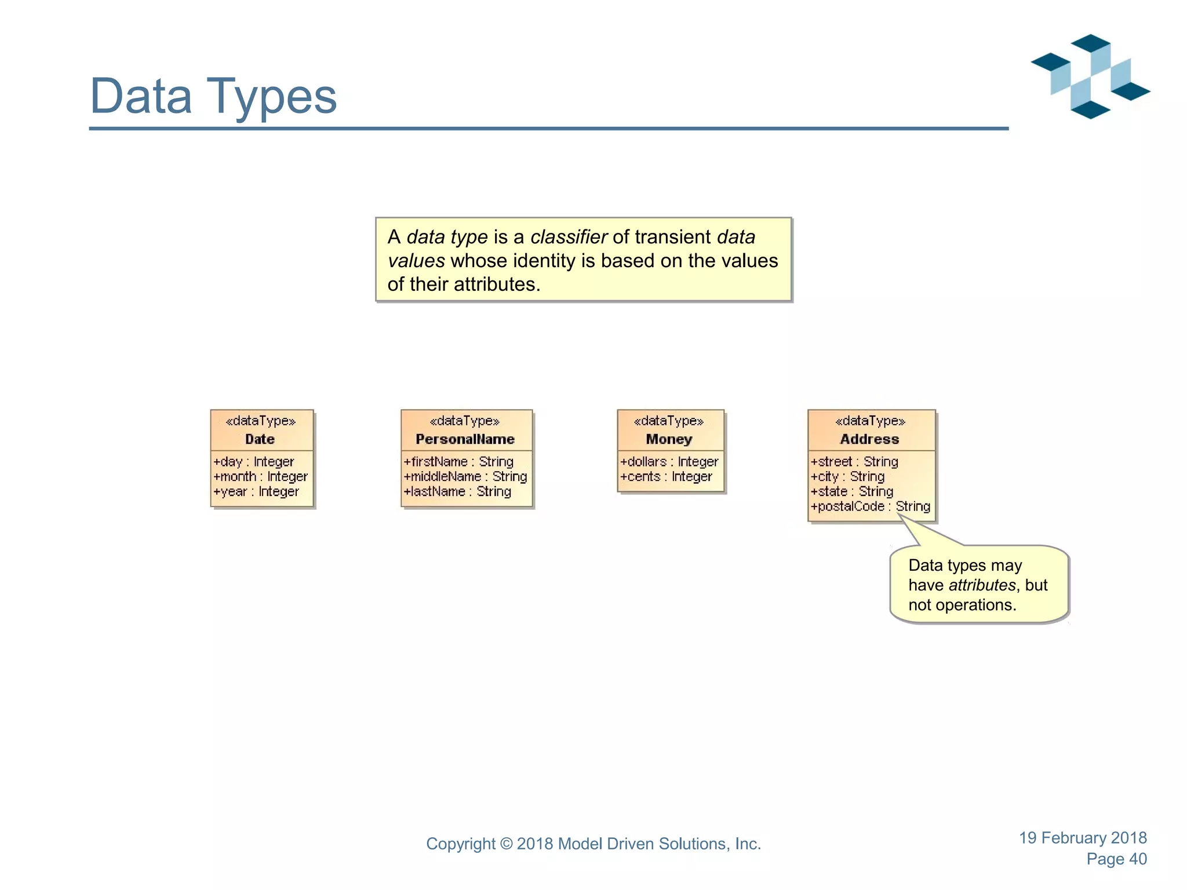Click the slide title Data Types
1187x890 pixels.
tap(213, 96)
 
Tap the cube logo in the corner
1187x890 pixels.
tap(1090, 76)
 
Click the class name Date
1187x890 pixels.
tap(260, 439)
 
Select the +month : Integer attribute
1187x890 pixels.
tap(260, 477)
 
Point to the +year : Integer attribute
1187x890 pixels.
tap(256, 492)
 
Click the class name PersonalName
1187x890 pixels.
tap(465, 439)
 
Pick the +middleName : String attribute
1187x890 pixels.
tap(465, 477)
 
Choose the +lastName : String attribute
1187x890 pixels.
tap(457, 492)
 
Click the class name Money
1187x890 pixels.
tap(669, 439)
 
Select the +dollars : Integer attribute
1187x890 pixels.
tap(669, 462)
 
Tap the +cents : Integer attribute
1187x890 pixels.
tap(666, 477)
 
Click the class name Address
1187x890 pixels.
tap(869, 439)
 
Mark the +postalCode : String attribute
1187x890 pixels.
tap(870, 507)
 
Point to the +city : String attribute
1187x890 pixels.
tap(847, 477)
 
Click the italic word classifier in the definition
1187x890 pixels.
tap(569, 237)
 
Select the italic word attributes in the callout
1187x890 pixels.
tap(982, 585)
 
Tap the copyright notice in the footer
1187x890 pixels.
tap(593, 844)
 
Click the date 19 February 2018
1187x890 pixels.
tap(1083, 838)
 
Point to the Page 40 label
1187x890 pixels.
tap(1116, 859)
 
